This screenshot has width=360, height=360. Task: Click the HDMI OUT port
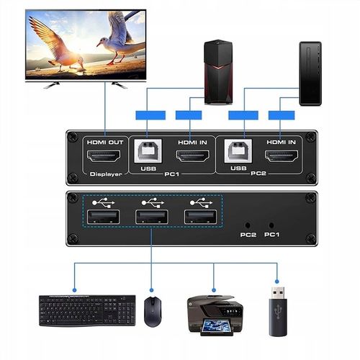pos(104,157)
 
